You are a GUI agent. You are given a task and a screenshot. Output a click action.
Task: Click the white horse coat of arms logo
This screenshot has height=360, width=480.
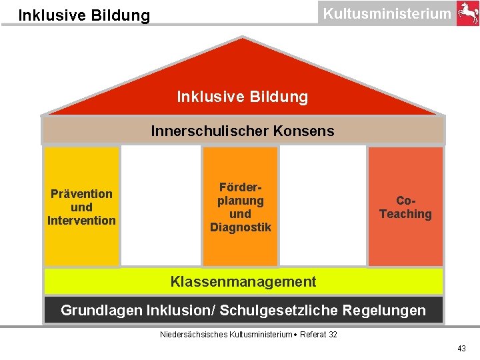coord(467,13)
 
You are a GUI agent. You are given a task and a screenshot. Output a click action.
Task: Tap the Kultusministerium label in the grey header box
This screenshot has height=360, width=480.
coord(387,13)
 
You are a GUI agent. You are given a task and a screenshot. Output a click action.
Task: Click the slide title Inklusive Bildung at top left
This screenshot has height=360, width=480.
coord(84,15)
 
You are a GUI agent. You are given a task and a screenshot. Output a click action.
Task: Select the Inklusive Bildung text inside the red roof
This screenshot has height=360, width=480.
coord(243,97)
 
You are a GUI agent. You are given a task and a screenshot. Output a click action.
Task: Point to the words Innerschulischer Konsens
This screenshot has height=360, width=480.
coord(243,131)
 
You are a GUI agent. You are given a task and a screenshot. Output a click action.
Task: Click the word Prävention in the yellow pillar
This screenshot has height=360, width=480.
coord(81,194)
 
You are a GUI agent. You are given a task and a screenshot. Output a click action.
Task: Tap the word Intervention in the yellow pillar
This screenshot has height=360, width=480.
coord(81,221)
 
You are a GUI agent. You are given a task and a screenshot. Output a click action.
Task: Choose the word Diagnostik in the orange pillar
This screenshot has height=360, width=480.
coord(241,227)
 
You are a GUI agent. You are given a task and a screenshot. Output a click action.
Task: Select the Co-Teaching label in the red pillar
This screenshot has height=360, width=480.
coord(405,207)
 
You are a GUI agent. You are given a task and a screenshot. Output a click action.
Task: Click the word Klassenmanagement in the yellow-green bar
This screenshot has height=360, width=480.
coord(243,282)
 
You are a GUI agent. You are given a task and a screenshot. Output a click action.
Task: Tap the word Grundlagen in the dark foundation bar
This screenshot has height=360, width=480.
coord(98,310)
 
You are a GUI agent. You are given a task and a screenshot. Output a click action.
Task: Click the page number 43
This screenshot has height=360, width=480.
coord(461,349)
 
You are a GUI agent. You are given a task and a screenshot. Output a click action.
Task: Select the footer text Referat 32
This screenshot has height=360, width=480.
coord(319,334)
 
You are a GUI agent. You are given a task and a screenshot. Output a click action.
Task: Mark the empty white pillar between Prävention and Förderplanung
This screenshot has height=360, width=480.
coord(161,205)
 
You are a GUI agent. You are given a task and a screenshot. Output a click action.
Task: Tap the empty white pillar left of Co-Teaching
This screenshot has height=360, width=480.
coord(323,205)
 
